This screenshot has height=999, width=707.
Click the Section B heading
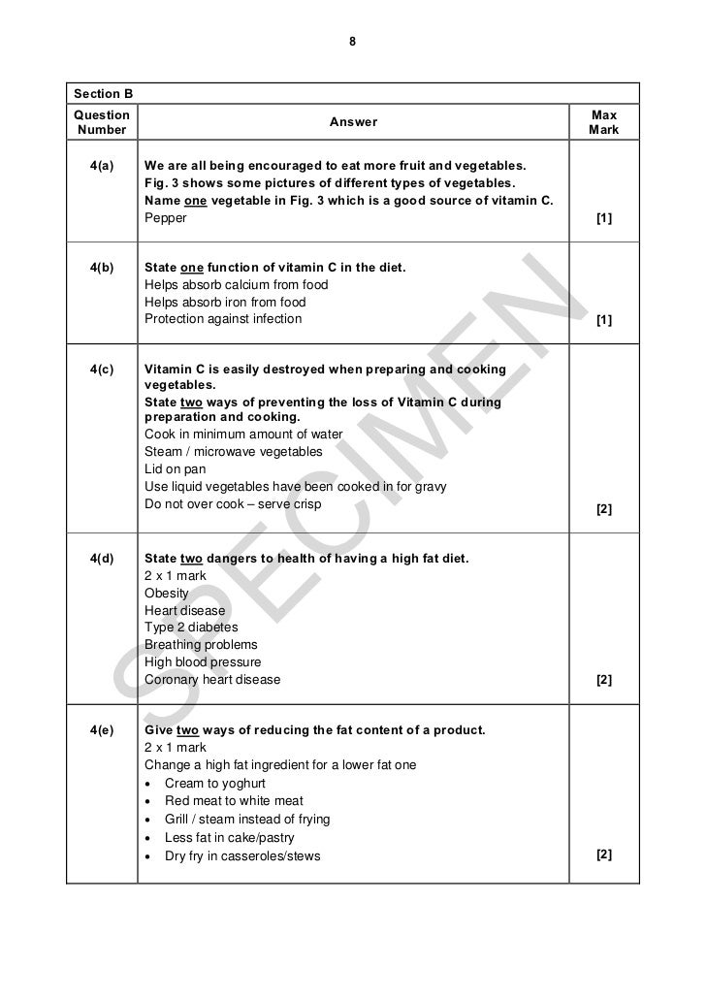click(102, 94)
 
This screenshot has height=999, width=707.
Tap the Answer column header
click(353, 122)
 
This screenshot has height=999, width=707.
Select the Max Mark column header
click(603, 122)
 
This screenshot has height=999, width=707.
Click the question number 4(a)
click(101, 165)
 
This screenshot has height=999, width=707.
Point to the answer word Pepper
click(166, 218)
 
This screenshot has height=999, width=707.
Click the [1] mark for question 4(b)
click(604, 319)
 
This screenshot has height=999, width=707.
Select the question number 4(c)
click(101, 370)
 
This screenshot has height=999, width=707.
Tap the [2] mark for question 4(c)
click(604, 508)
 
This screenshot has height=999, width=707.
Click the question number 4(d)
click(101, 558)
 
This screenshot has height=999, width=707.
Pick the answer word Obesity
click(167, 593)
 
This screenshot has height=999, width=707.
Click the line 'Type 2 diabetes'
click(191, 628)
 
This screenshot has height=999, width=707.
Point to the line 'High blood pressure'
click(203, 662)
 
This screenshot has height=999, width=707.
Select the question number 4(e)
click(101, 729)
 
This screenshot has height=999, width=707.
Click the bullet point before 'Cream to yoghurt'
click(147, 784)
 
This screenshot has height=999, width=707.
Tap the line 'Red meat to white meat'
click(234, 801)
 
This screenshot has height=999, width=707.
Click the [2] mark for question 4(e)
click(604, 854)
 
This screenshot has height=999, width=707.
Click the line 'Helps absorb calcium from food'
click(236, 285)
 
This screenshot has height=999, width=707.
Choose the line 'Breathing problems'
click(201, 645)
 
